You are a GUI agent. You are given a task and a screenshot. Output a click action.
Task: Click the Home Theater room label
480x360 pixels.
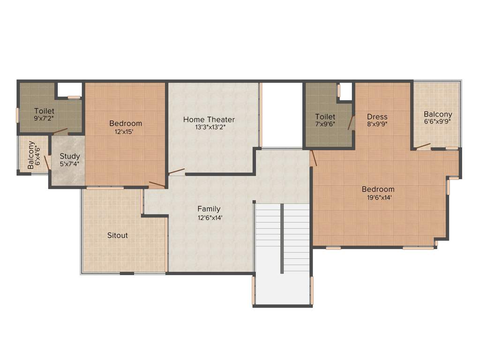coord(209,120)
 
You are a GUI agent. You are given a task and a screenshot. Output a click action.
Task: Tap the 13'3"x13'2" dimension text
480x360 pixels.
coord(209,127)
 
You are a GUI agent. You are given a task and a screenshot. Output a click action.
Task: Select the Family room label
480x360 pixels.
coord(209,209)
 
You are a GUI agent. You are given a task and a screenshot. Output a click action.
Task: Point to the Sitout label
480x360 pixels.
coord(117,235)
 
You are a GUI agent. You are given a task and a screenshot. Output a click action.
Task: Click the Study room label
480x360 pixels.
coord(70,156)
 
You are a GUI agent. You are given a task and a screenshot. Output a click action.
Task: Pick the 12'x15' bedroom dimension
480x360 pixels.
coord(125,132)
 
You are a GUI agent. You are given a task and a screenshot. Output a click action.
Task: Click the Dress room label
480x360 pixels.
coord(377,117)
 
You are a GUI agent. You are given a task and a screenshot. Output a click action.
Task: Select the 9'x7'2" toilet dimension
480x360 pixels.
coord(44,119)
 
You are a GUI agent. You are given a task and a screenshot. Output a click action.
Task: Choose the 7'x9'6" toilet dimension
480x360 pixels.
coord(325,125)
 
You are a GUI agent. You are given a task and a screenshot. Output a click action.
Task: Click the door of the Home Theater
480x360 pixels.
coord(177,172)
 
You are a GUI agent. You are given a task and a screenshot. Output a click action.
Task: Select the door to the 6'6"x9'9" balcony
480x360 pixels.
coord(423,146)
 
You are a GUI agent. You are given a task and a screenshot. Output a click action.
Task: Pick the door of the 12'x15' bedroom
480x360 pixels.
coord(157,184)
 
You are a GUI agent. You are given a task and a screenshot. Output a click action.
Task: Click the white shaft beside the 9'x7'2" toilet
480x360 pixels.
coord(69,90)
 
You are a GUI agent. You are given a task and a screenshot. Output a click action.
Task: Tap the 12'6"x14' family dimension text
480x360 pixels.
coord(209,217)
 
